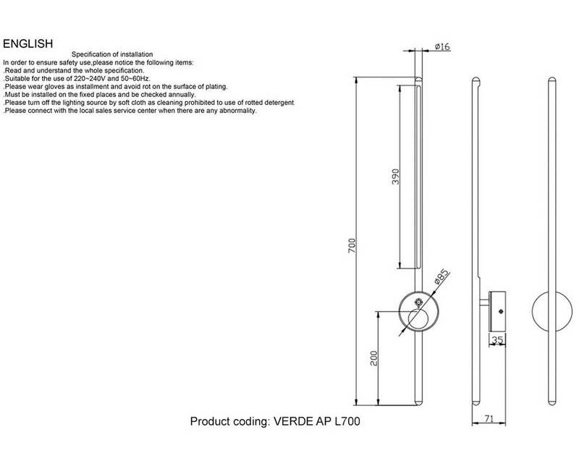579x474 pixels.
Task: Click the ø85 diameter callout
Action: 442,278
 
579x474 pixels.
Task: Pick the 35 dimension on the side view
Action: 498,339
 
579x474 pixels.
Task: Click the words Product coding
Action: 228,420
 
